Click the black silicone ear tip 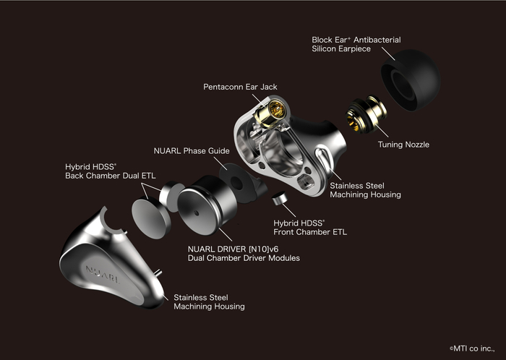(411, 80)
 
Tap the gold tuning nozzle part (366, 114)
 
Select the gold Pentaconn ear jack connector (270, 112)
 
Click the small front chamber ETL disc (280, 198)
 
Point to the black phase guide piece (241, 183)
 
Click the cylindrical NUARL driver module (207, 205)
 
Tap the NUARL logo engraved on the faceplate (103, 274)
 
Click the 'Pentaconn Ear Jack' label (240, 87)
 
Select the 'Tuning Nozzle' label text (403, 144)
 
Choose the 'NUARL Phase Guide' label (192, 150)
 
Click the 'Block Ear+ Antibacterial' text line (356, 40)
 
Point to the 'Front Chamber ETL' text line (310, 232)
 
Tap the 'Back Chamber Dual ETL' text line (111, 176)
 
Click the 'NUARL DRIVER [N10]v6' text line (233, 249)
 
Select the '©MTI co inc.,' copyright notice (472, 348)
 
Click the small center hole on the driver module (196, 213)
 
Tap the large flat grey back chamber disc (150, 218)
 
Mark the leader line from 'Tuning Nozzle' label (382, 131)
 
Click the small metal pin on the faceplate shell (158, 273)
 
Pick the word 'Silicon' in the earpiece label (324, 48)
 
